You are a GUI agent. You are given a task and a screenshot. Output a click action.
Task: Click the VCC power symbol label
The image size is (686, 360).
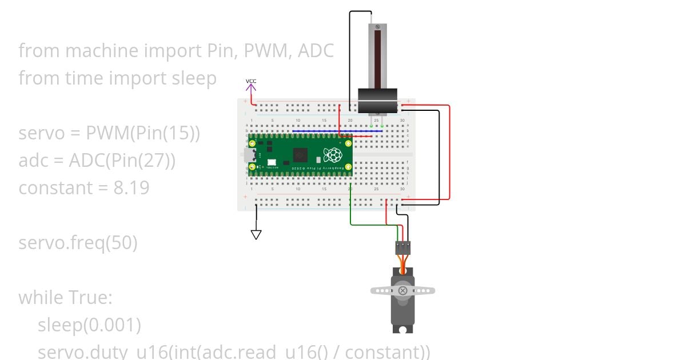[251, 81]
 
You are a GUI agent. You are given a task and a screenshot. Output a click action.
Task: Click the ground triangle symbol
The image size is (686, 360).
[256, 234]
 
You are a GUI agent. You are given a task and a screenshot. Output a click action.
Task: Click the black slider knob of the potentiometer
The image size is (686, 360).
[377, 101]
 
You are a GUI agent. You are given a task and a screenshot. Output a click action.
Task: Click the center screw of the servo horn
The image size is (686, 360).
[403, 290]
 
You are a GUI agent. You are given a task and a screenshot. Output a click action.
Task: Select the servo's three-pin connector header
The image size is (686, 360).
[403, 247]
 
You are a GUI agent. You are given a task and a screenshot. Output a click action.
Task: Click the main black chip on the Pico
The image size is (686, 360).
[301, 155]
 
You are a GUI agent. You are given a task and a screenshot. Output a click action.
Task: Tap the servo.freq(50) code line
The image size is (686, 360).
[78, 243]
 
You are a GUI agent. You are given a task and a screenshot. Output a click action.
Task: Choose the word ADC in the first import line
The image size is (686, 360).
[315, 51]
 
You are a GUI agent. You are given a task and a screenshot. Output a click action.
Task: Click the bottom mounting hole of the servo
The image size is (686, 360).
[404, 329]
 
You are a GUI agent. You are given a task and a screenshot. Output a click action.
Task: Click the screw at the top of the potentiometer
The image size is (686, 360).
[377, 27]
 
